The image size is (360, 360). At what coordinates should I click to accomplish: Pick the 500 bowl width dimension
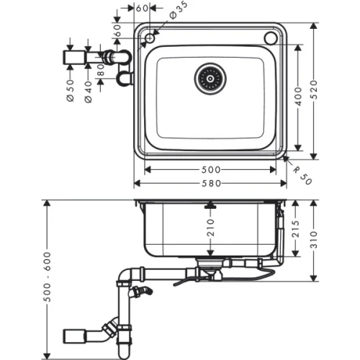[x=210, y=171]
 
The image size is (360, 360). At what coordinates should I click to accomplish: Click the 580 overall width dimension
[x=210, y=185]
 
